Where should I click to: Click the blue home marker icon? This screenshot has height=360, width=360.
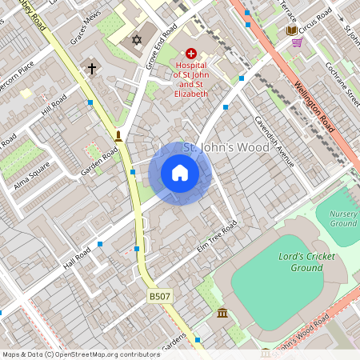click(x=180, y=173)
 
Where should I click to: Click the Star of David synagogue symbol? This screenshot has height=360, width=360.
click(x=136, y=39)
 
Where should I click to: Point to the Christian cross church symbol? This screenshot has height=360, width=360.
click(x=92, y=69)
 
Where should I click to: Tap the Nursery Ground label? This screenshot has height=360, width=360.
click(x=342, y=218)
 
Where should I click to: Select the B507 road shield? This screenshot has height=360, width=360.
click(x=160, y=296)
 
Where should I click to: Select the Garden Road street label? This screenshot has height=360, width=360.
click(x=100, y=161)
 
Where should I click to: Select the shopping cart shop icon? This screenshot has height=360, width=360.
click(x=298, y=42)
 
